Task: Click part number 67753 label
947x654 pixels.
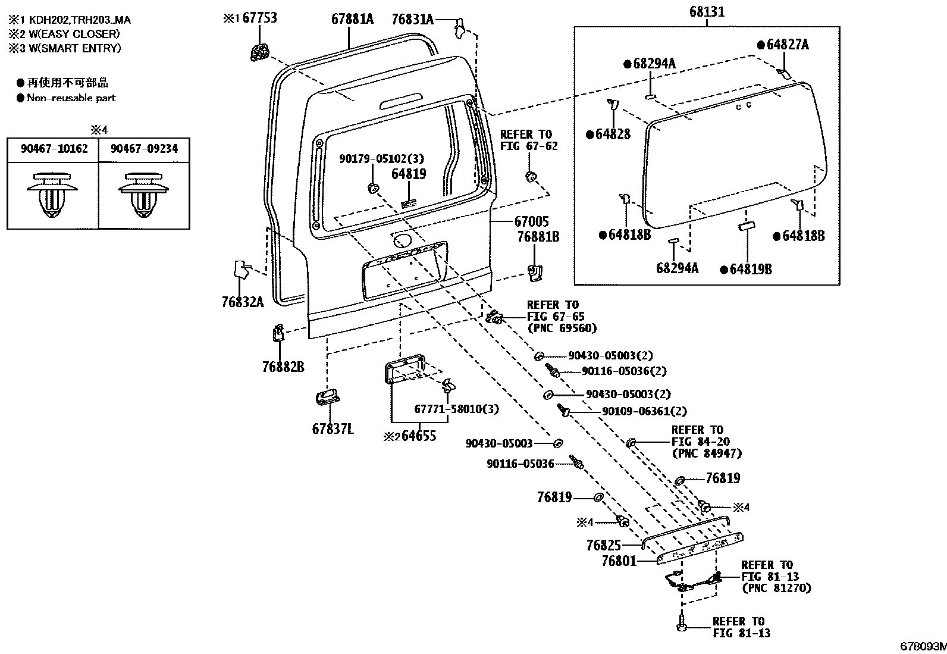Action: (260, 18)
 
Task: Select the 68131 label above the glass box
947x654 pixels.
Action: (707, 12)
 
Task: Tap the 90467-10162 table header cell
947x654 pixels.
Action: (54, 149)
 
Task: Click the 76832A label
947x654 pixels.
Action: (242, 302)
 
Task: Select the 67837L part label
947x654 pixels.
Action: (333, 428)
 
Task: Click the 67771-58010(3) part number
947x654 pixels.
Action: (456, 409)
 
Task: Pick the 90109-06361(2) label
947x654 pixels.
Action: (644, 411)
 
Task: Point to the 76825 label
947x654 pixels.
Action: (603, 545)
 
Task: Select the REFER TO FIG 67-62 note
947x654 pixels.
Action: (529, 140)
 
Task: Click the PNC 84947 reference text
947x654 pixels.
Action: (707, 453)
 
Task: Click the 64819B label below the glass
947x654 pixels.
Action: (750, 270)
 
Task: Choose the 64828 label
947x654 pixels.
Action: (612, 134)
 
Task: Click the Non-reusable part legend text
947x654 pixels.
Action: (71, 98)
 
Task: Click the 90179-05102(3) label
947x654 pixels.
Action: (382, 159)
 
